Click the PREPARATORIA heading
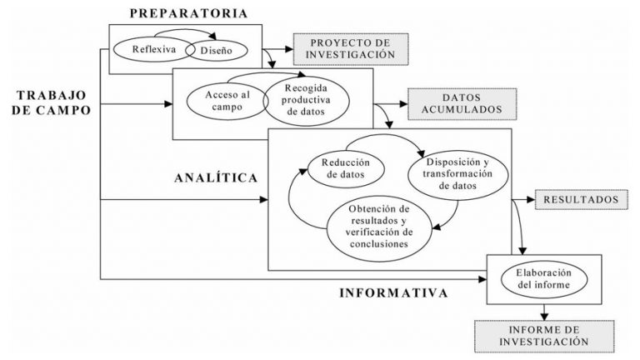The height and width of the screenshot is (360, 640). point(187,12)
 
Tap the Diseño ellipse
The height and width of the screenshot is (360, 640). point(215,49)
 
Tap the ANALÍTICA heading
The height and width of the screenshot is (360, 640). point(215,178)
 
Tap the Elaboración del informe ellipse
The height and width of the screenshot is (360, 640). point(543,278)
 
